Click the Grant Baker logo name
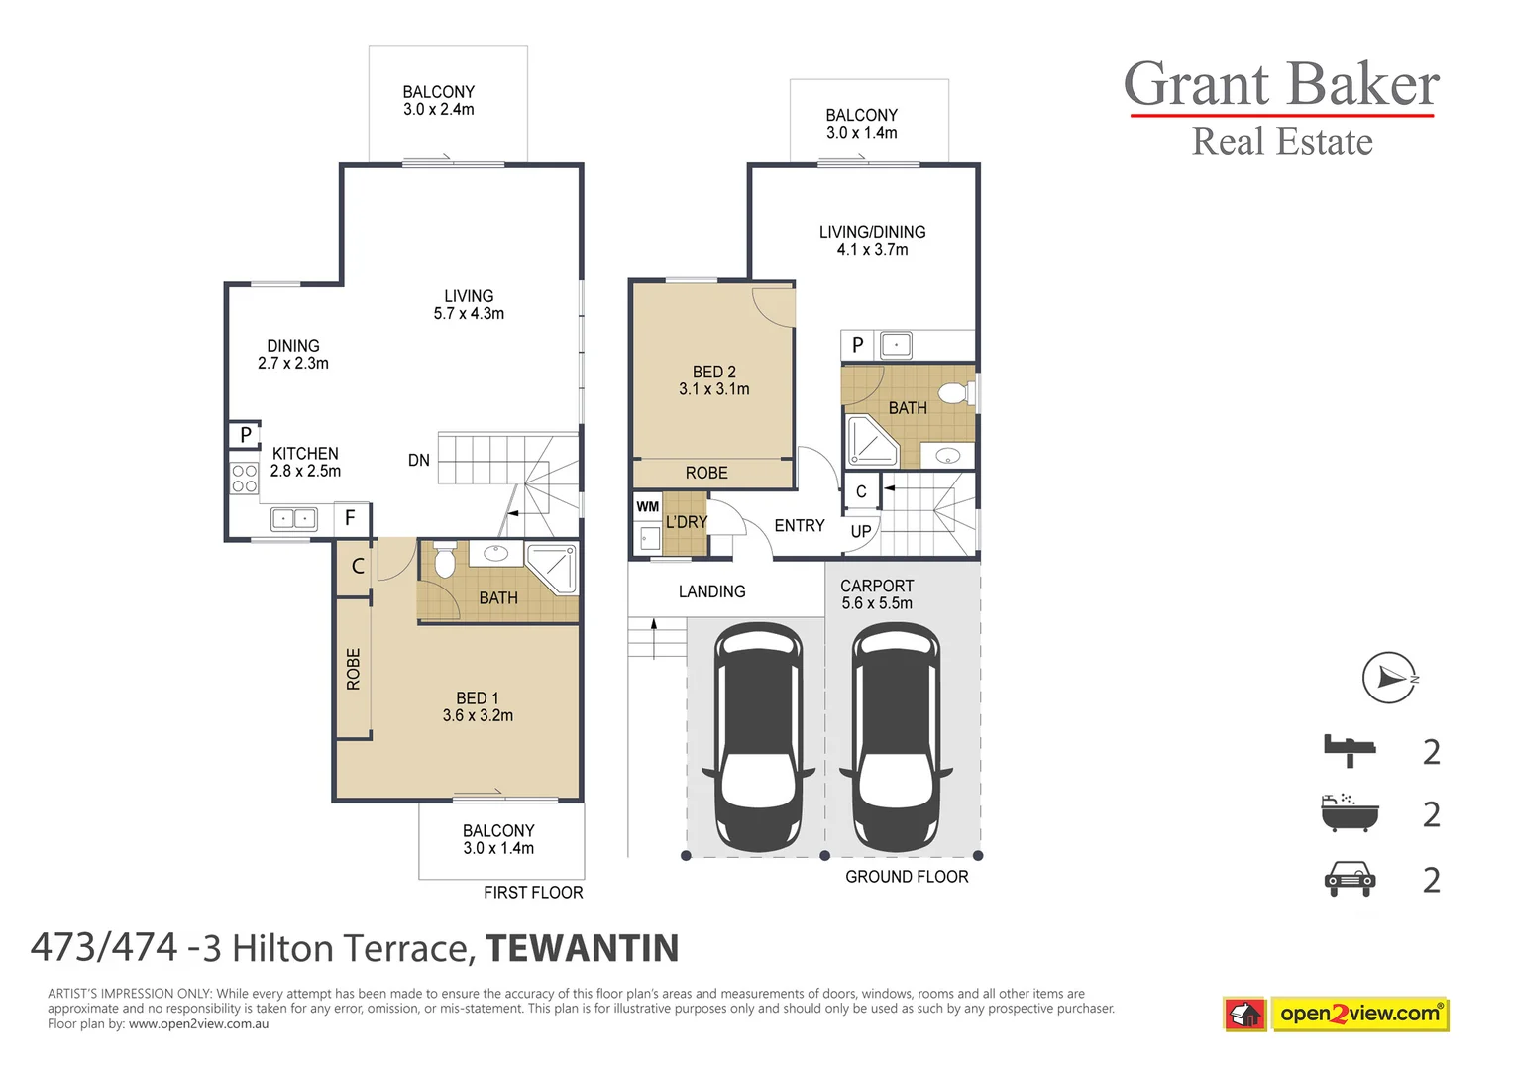point(1280,85)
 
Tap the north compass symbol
point(1389,678)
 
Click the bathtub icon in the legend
point(1350,813)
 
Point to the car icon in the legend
point(1350,879)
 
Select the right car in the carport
point(896,737)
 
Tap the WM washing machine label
point(648,506)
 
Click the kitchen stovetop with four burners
point(244,479)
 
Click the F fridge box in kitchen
point(350,517)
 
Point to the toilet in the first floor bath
point(445,561)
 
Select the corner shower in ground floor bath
point(872,441)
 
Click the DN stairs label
point(419,460)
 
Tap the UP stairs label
point(861,531)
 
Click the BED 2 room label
point(713,380)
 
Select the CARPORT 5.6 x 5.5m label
point(877,594)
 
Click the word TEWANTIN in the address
point(582,948)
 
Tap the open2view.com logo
point(1358,1014)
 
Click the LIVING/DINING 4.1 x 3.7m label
point(872,240)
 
